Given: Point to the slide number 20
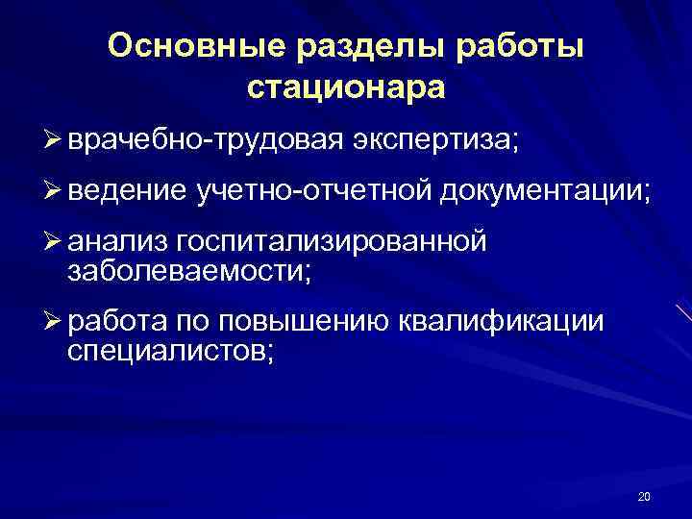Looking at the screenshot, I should [x=644, y=496].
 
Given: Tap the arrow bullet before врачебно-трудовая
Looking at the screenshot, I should [x=54, y=142].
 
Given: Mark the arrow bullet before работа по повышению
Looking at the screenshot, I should [x=54, y=323].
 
